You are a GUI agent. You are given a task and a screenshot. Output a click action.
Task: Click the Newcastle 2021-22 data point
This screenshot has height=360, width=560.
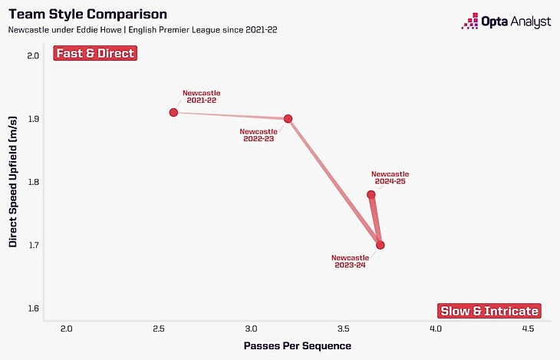pos(174,112)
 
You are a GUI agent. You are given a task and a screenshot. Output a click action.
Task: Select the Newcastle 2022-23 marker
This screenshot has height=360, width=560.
pos(288,119)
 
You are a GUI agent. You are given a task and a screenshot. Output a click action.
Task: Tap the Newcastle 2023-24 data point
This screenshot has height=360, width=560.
pos(380,245)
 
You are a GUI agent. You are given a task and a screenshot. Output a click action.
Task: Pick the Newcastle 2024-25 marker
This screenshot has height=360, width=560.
pos(371,195)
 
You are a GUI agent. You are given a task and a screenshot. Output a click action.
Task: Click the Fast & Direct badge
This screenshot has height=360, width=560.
pos(95,54)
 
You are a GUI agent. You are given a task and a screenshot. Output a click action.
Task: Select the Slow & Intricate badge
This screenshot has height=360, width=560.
pos(489,311)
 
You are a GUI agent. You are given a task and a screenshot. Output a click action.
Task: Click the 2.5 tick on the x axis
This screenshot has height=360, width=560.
pos(158,329)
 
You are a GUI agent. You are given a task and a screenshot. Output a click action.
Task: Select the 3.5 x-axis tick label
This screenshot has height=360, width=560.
pos(343,329)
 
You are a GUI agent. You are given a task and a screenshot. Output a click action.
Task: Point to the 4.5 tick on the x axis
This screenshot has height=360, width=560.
pos(529,329)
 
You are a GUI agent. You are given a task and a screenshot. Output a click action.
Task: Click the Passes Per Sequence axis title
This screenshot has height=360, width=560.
pos(297,345)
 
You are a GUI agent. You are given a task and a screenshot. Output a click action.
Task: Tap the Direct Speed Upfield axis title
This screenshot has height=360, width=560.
pos(13,182)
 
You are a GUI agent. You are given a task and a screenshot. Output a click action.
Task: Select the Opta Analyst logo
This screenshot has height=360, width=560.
pos(506,21)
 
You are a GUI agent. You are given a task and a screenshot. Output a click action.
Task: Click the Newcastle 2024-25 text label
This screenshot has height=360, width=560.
pos(390,178)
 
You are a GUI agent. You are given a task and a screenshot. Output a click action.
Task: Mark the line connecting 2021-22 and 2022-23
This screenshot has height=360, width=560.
pos(231,116)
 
